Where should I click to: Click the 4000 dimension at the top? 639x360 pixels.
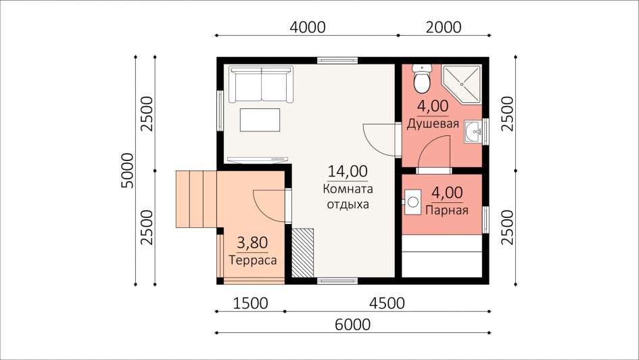[x=307, y=27]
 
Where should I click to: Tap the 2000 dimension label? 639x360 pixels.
[x=444, y=27]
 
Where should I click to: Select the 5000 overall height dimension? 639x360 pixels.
[x=128, y=171]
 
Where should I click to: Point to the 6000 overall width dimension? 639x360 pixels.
[x=352, y=325]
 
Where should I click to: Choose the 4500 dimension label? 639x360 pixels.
[x=387, y=303]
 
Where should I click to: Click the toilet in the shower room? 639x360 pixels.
[x=422, y=78]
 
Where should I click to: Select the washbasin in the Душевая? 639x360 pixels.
[x=473, y=132]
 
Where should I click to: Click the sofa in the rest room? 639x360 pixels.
[x=260, y=84]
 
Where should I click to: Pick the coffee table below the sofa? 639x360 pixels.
[x=260, y=120]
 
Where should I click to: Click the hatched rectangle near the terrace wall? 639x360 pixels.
[x=303, y=253]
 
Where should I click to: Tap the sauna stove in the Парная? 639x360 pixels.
[x=412, y=202]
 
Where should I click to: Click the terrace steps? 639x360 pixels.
[x=196, y=199]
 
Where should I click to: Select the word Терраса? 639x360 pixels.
[x=253, y=260]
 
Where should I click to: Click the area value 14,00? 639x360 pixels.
[x=348, y=171]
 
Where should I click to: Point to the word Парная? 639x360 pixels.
[x=447, y=210]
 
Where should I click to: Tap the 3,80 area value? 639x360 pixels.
[x=253, y=243]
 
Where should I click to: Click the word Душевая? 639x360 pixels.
[x=433, y=124]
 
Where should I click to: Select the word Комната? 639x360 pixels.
[x=348, y=189]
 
